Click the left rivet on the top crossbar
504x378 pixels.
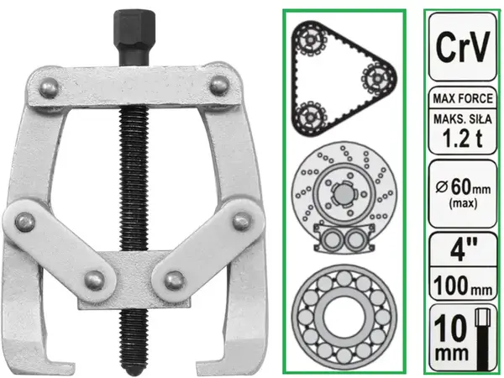[50, 87]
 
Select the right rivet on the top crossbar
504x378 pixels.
[219, 86]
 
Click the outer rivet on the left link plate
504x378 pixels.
[25, 222]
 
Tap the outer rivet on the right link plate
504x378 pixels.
[242, 221]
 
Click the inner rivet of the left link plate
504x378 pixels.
[94, 281]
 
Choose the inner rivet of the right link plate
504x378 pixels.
[175, 281]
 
